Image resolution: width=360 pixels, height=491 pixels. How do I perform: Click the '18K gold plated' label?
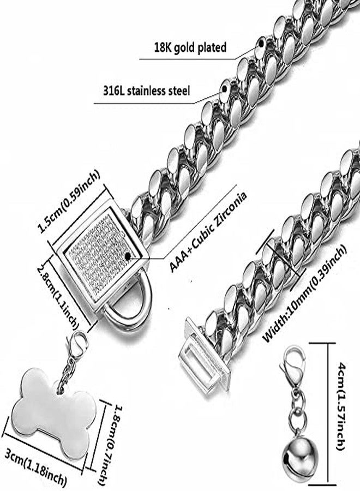pyautogui.click(x=190, y=47)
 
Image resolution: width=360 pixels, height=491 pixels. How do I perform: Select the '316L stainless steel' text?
pyautogui.click(x=147, y=91)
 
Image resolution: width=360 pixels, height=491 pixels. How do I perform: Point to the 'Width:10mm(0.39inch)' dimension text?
pyautogui.click(x=304, y=293)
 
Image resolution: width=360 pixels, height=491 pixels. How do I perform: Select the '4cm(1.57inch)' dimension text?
pyautogui.click(x=340, y=406)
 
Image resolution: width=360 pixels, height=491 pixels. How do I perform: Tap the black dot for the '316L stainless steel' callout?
pyautogui.click(x=224, y=88)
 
